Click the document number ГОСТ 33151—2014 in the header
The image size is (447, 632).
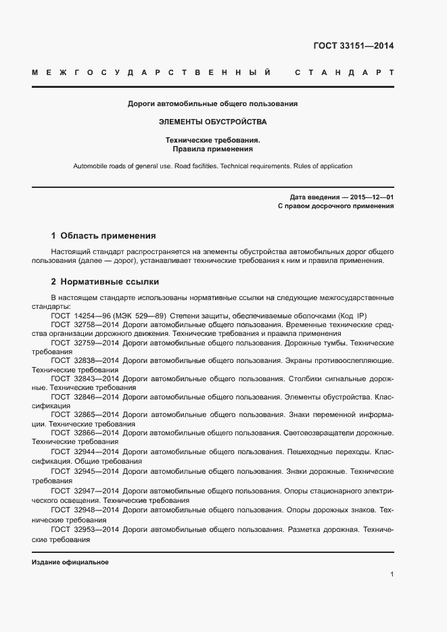click(x=354, y=47)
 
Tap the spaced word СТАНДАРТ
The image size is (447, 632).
click(x=345, y=72)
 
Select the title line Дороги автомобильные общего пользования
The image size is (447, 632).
click(x=213, y=104)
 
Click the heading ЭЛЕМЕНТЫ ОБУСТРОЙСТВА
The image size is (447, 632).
click(x=213, y=122)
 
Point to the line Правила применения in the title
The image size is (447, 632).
click(x=213, y=149)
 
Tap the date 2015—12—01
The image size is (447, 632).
click(x=372, y=197)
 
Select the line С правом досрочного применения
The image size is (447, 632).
click(x=336, y=206)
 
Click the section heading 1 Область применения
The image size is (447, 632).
click(x=103, y=236)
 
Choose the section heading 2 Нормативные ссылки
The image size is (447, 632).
click(x=105, y=282)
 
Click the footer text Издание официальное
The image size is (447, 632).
click(x=70, y=562)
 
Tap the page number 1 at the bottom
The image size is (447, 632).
click(x=392, y=575)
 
